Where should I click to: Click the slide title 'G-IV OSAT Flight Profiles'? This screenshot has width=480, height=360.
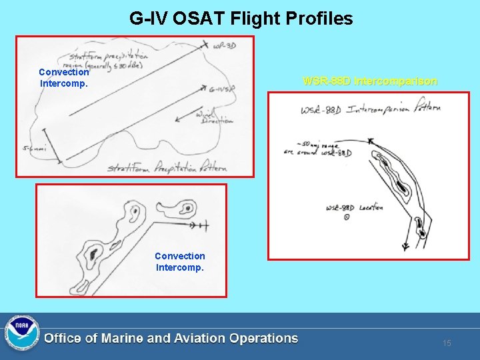click(241, 19)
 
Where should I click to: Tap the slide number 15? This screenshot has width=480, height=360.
click(447, 343)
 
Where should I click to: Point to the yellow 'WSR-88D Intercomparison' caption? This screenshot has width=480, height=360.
click(370, 81)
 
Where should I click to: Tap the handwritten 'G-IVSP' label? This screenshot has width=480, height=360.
click(221, 89)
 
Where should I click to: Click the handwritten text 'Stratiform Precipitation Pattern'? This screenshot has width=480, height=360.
click(167, 167)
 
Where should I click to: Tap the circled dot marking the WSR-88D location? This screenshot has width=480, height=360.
click(347, 217)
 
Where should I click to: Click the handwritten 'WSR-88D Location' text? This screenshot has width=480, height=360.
click(354, 207)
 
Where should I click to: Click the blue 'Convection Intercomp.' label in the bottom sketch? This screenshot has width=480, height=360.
click(180, 262)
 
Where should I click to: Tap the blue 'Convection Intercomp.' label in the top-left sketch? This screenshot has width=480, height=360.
click(64, 78)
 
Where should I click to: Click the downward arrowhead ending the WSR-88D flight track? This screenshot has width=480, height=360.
click(406, 246)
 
